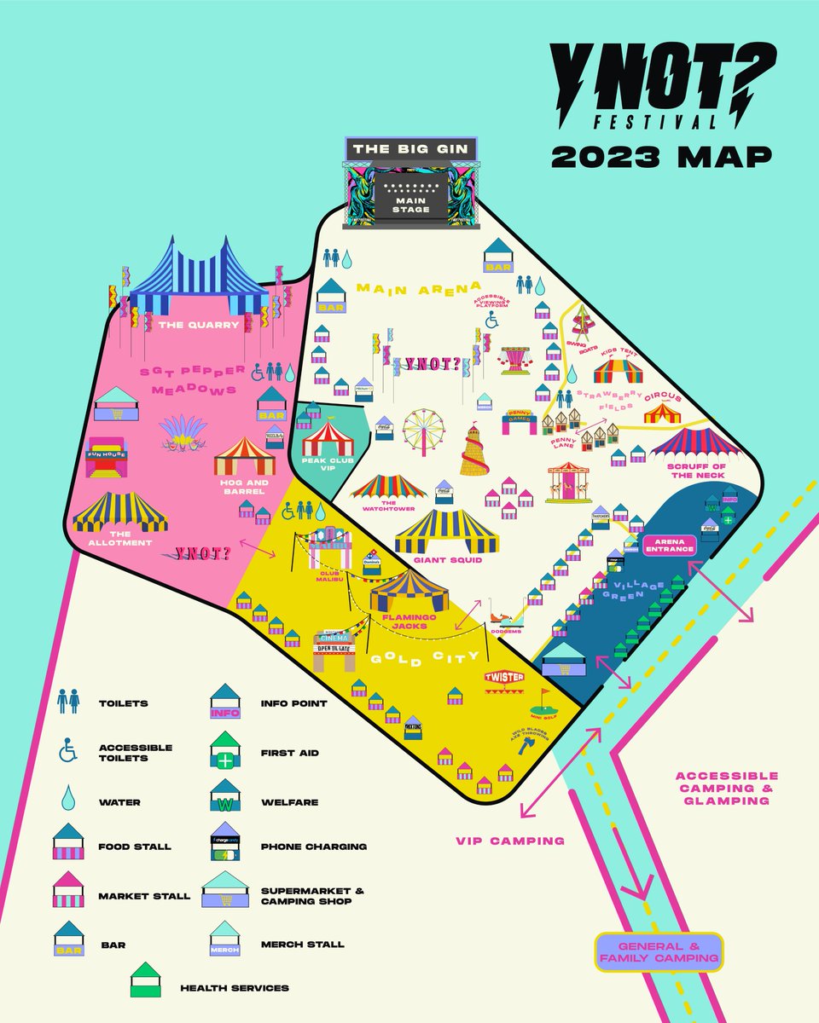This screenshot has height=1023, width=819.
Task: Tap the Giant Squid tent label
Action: coord(447,560)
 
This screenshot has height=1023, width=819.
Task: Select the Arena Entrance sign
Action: coord(670,546)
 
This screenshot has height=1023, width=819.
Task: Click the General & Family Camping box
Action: coord(659,952)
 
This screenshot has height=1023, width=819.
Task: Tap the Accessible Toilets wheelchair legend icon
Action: coord(67,751)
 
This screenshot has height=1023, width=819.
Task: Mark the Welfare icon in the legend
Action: coord(224,799)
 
